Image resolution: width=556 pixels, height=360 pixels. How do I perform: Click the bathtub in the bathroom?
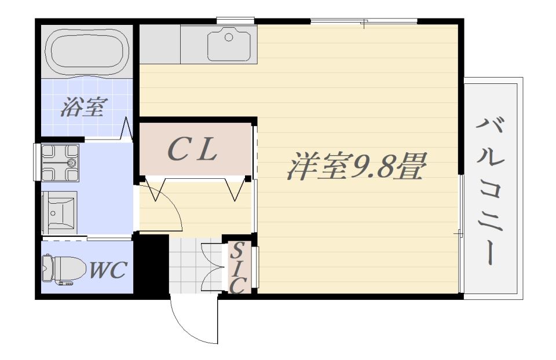[87, 53]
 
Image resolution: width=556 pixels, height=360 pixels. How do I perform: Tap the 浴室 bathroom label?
[83, 106]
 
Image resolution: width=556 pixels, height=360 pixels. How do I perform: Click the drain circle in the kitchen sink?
[229, 37]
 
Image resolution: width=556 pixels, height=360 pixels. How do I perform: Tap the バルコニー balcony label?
[490, 192]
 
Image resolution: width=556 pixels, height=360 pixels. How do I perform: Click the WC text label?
[108, 270]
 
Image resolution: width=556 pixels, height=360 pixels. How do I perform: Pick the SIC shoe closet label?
[237, 268]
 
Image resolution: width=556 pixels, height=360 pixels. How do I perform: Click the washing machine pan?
[60, 163]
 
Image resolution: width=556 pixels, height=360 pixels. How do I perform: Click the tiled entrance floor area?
[185, 266]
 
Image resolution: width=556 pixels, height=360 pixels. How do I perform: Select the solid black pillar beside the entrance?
[151, 264]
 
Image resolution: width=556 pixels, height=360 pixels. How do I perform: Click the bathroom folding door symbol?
[126, 129]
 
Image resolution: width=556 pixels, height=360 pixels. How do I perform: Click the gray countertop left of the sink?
[160, 44]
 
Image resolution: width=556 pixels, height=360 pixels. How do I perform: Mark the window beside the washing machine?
[36, 162]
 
